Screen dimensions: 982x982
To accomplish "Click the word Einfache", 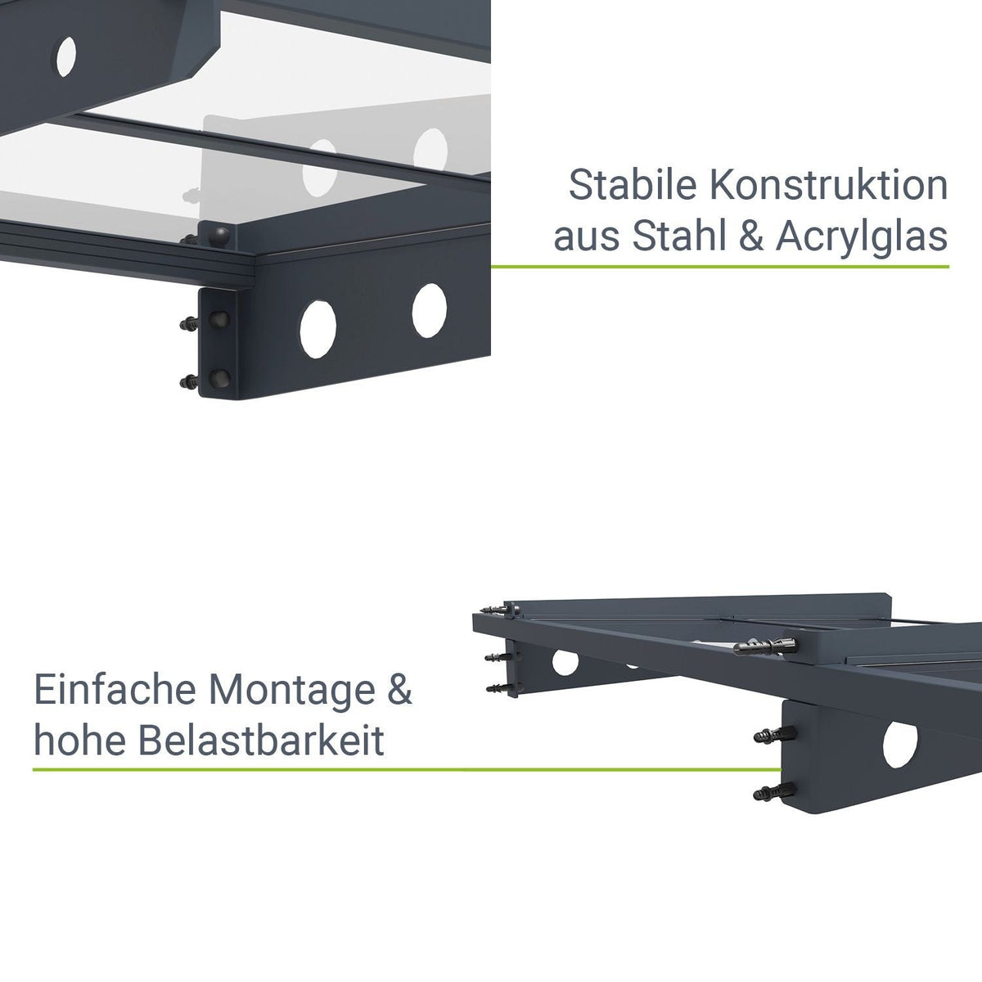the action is [115, 690].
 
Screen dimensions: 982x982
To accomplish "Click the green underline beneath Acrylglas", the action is [719, 267].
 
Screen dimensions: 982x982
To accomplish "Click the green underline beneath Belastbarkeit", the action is [407, 769].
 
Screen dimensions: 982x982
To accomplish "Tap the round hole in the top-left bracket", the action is [66, 56].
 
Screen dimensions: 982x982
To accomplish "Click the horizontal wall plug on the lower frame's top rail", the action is [765, 646].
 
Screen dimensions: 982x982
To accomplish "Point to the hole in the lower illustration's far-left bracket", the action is [565, 662].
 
